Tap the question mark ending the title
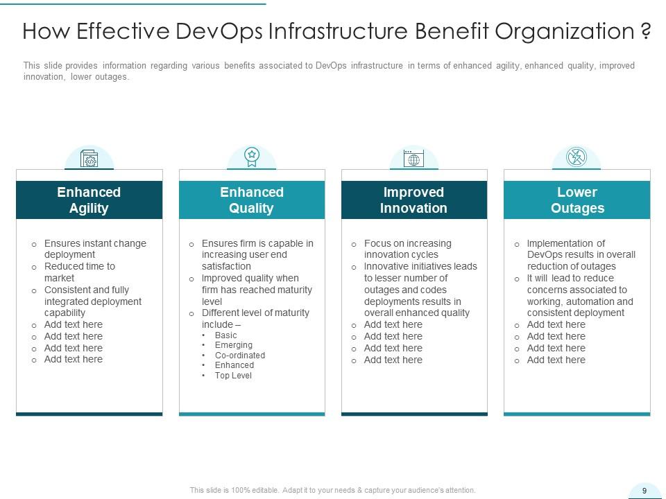(x=646, y=30)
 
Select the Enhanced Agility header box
(x=89, y=200)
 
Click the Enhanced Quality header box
(x=252, y=200)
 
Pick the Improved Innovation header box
(x=414, y=200)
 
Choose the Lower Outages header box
(x=577, y=200)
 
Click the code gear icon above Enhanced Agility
(x=89, y=159)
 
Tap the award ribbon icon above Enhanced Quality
(x=252, y=157)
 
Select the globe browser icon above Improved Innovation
(x=413, y=158)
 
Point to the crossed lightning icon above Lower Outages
(x=577, y=157)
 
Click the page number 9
(x=644, y=491)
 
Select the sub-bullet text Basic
(x=225, y=335)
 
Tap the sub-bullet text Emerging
(x=234, y=345)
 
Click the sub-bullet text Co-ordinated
(x=240, y=355)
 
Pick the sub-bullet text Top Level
(x=233, y=376)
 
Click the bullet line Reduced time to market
(x=80, y=272)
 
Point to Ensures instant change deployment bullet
(x=95, y=249)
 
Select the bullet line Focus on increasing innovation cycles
(x=408, y=249)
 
